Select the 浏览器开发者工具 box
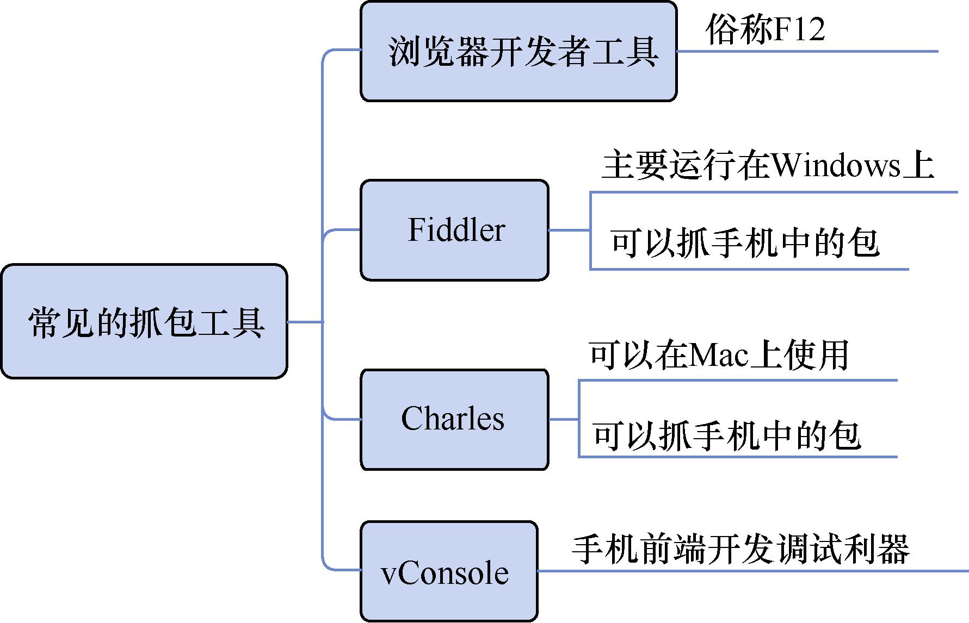[519, 51]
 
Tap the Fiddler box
[454, 230]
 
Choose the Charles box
[454, 419]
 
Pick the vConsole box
[449, 571]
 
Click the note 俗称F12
[764, 29]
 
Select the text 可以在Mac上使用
[718, 355]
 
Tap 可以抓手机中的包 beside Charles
[726, 435]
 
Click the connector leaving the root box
[305, 322]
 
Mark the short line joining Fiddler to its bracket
[569, 230]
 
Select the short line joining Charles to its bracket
[564, 419]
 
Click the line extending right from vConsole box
[751, 571]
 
